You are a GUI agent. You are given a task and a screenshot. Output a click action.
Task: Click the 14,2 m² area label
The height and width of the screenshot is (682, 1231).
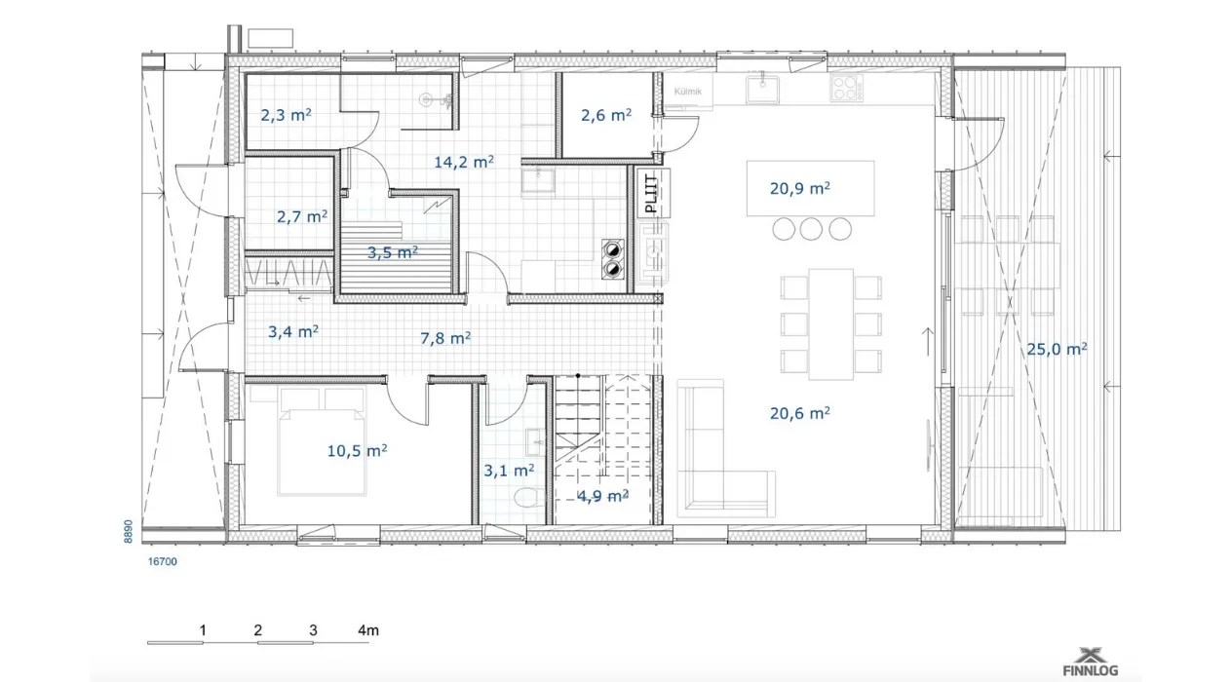point(464,162)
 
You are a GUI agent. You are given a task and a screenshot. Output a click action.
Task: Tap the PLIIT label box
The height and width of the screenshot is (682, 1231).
point(651,193)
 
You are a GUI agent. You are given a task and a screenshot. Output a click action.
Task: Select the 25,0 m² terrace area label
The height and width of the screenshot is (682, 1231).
point(1057,349)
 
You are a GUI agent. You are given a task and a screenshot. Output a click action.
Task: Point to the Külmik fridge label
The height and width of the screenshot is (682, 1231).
point(687,92)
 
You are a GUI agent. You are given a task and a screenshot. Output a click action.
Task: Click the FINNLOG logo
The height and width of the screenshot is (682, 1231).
point(1091,663)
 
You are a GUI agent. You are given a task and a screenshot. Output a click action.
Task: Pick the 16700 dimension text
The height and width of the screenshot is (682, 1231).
point(163,561)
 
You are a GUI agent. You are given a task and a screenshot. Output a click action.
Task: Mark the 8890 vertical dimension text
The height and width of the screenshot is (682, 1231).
point(128,531)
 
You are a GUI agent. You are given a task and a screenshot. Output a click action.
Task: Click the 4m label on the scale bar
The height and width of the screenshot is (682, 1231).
point(368,630)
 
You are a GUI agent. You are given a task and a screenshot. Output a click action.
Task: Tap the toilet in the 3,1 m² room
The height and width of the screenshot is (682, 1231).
point(529,498)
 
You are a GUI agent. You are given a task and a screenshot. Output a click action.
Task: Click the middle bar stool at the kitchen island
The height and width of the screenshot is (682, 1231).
point(811,229)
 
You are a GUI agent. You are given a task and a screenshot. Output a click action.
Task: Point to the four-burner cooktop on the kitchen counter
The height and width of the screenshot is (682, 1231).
point(846,88)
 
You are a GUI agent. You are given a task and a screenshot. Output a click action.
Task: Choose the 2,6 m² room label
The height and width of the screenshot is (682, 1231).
point(606,115)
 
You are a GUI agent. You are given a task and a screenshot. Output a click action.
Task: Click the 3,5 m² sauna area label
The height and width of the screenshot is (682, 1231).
point(393,252)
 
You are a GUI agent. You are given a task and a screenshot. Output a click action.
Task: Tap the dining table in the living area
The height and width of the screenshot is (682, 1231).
point(830,324)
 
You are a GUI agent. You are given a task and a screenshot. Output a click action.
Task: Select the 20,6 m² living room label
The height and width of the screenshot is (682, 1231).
point(799,413)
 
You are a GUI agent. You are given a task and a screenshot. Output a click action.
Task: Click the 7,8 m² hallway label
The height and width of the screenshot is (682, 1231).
point(445,338)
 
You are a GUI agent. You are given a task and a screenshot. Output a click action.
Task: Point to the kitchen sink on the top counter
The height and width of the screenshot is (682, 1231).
point(763,89)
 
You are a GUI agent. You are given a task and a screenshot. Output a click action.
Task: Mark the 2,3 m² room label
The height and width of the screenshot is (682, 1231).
point(286,115)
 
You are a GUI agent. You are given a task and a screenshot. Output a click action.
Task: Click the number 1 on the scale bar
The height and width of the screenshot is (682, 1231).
point(203,630)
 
